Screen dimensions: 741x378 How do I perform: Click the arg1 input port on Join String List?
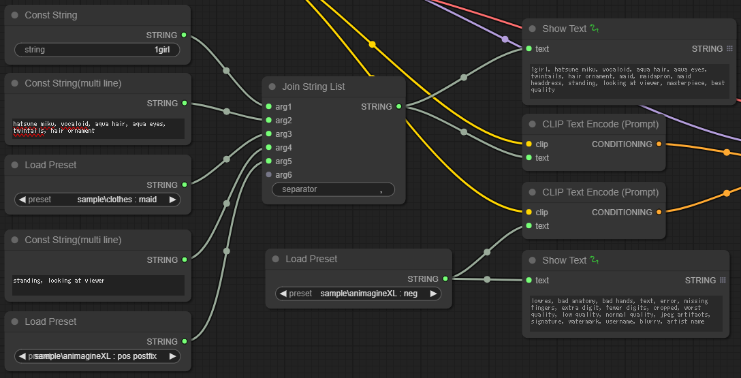269,106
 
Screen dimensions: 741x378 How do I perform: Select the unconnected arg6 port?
269,175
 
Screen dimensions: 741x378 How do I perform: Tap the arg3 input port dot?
269,133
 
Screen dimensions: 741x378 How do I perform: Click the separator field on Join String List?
333,189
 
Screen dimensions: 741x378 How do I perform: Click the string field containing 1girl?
97,50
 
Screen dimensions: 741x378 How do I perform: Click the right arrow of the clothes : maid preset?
172,200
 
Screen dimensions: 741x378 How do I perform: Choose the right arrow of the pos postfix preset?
172,356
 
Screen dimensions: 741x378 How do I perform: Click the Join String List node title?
313,86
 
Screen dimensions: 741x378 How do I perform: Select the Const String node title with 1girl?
51,15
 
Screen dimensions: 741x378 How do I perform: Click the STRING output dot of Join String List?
399,106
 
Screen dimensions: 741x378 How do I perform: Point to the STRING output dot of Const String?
184,35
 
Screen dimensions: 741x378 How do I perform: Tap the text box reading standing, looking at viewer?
98,285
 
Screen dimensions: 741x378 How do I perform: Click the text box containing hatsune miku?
98,129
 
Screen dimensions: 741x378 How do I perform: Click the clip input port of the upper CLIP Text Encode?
529,144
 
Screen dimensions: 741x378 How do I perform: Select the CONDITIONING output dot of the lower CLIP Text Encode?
659,212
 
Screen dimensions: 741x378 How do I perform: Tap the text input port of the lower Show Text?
529,280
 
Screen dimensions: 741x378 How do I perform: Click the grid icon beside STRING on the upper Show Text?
729,48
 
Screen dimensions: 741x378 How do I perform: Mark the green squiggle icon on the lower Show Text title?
595,260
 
